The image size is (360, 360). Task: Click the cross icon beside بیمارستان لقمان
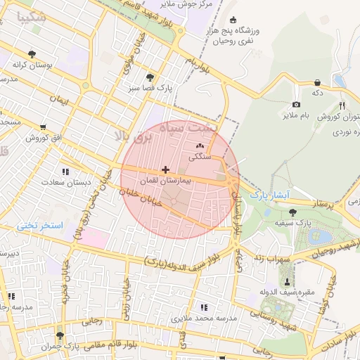[x=165, y=169]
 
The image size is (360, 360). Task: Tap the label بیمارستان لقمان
[x=165, y=181]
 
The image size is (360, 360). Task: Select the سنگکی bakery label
[x=200, y=158]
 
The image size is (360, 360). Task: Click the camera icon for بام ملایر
[x=296, y=105]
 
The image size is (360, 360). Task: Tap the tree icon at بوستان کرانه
[x=32, y=53]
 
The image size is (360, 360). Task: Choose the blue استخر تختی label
[x=41, y=226]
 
